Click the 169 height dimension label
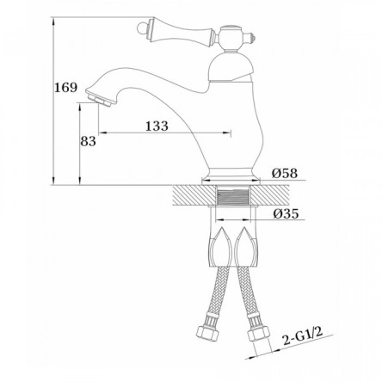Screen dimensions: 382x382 click(x=66, y=87)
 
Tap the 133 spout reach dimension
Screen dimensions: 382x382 click(x=157, y=126)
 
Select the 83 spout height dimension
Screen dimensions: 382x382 click(x=88, y=141)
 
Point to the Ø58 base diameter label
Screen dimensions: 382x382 click(x=285, y=173)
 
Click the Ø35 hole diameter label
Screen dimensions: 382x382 click(x=286, y=213)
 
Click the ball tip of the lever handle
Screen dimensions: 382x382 click(x=140, y=28)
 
